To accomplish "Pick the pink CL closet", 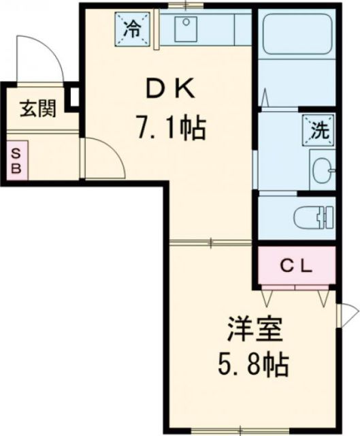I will [x=297, y=266].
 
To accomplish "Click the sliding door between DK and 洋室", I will [x=212, y=242].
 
